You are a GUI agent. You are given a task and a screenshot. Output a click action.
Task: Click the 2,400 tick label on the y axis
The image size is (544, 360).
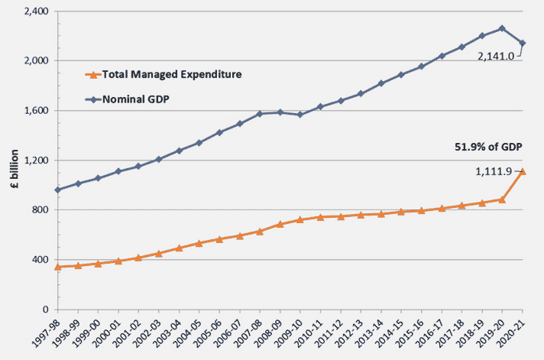[33, 11]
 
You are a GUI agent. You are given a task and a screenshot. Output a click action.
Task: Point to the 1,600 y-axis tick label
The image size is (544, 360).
[33, 111]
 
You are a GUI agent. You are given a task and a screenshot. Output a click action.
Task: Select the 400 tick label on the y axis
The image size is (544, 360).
[38, 260]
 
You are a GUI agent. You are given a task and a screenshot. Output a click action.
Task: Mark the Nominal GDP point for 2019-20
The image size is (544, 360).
[502, 28]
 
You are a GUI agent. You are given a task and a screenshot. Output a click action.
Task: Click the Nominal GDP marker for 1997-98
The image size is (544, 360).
[58, 190]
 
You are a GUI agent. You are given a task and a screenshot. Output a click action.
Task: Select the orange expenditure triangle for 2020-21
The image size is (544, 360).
[523, 171]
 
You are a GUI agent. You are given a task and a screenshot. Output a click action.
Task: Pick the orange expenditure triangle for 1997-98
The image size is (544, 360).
[58, 267]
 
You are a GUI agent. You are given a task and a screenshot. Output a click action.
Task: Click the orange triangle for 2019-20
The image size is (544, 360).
[502, 199]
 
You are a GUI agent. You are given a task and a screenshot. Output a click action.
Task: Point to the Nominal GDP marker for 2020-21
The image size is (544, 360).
[523, 43]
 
